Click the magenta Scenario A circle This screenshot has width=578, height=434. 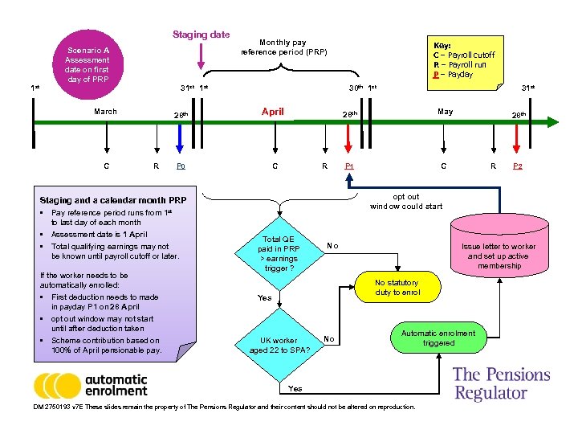pyautogui.click(x=88, y=64)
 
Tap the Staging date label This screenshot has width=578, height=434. pyautogui.click(x=201, y=35)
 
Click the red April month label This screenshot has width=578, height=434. pyautogui.click(x=273, y=112)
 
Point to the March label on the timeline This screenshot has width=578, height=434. pyautogui.click(x=105, y=112)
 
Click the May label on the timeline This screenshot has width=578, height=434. pyautogui.click(x=445, y=112)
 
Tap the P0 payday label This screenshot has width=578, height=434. pyautogui.click(x=181, y=167)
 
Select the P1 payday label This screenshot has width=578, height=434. pyautogui.click(x=348, y=167)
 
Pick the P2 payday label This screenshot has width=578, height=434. pyautogui.click(x=519, y=167)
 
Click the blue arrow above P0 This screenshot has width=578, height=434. pyautogui.click(x=181, y=141)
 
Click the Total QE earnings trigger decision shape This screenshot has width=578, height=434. pyautogui.click(x=279, y=253)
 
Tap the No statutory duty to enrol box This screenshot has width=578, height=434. pyautogui.click(x=397, y=288)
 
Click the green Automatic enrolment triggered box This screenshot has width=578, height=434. pyautogui.click(x=438, y=338)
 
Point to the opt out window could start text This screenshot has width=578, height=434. pyautogui.click(x=405, y=201)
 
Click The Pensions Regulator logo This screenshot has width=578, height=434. pyautogui.click(x=501, y=383)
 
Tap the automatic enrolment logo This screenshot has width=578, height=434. pyautogui.click(x=91, y=386)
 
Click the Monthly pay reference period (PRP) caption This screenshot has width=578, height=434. pyautogui.click(x=283, y=47)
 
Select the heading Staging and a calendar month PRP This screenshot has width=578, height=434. pyautogui.click(x=112, y=200)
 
